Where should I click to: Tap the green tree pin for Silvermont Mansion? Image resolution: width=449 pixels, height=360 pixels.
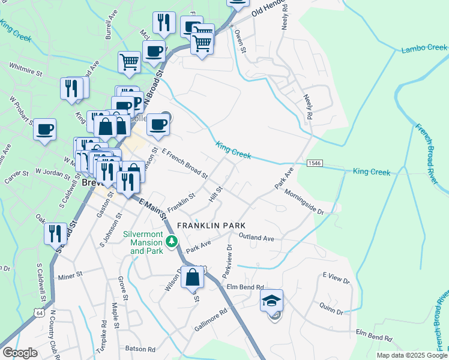[x=172, y=242]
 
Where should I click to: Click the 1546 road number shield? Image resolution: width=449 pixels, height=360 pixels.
[x=314, y=163]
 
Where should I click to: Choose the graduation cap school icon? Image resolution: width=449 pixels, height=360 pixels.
[x=272, y=301]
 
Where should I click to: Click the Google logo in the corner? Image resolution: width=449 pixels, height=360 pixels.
[x=20, y=353]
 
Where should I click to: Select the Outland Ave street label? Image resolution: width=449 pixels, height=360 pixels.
[x=256, y=238]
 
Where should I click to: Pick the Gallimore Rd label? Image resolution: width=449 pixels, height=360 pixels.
[x=211, y=320]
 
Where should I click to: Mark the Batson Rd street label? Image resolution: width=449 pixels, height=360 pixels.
[x=140, y=349]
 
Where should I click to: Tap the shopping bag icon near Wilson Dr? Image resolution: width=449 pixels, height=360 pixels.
[x=193, y=278]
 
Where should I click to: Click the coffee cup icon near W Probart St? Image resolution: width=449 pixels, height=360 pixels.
[x=44, y=130]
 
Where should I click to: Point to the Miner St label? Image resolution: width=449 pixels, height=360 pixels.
[x=71, y=277]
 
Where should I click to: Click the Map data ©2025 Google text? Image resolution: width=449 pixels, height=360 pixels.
[x=411, y=355]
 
